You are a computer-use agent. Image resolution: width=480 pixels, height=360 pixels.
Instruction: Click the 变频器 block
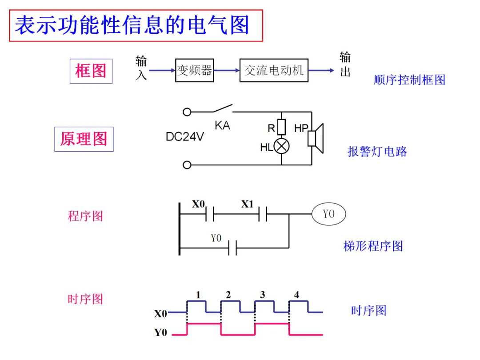click(194, 70)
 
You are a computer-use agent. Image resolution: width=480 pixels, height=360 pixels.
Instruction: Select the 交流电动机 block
click(274, 70)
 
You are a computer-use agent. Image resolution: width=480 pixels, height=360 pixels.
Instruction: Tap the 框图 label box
click(91, 71)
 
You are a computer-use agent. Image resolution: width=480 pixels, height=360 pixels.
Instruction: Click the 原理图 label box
click(84, 139)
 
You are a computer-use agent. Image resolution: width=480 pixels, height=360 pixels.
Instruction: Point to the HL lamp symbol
click(282, 146)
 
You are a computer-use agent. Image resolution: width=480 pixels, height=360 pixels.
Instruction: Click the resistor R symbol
click(282, 127)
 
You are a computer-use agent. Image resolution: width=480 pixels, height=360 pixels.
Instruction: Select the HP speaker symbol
click(316, 138)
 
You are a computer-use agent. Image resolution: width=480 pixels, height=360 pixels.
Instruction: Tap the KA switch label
click(223, 125)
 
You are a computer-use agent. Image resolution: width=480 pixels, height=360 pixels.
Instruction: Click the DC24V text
click(184, 136)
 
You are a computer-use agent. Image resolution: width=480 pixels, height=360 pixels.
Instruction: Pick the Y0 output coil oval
click(329, 214)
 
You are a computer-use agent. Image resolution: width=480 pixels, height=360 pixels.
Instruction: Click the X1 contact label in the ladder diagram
click(248, 204)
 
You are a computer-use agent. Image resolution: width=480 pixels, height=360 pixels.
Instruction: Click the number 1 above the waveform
click(198, 295)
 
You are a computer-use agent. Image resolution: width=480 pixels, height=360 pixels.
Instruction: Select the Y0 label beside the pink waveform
click(161, 332)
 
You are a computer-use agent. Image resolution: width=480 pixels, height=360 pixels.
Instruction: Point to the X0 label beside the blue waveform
click(161, 313)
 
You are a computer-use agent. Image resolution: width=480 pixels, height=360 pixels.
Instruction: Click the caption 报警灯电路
click(377, 152)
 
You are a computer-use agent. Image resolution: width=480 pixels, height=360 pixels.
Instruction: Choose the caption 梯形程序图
click(373, 246)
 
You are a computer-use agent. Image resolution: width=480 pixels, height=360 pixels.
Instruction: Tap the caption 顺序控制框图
click(410, 80)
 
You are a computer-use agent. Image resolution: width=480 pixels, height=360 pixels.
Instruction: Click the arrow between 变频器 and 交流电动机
click(227, 70)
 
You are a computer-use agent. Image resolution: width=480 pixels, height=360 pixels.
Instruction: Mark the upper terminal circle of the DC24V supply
click(187, 112)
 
